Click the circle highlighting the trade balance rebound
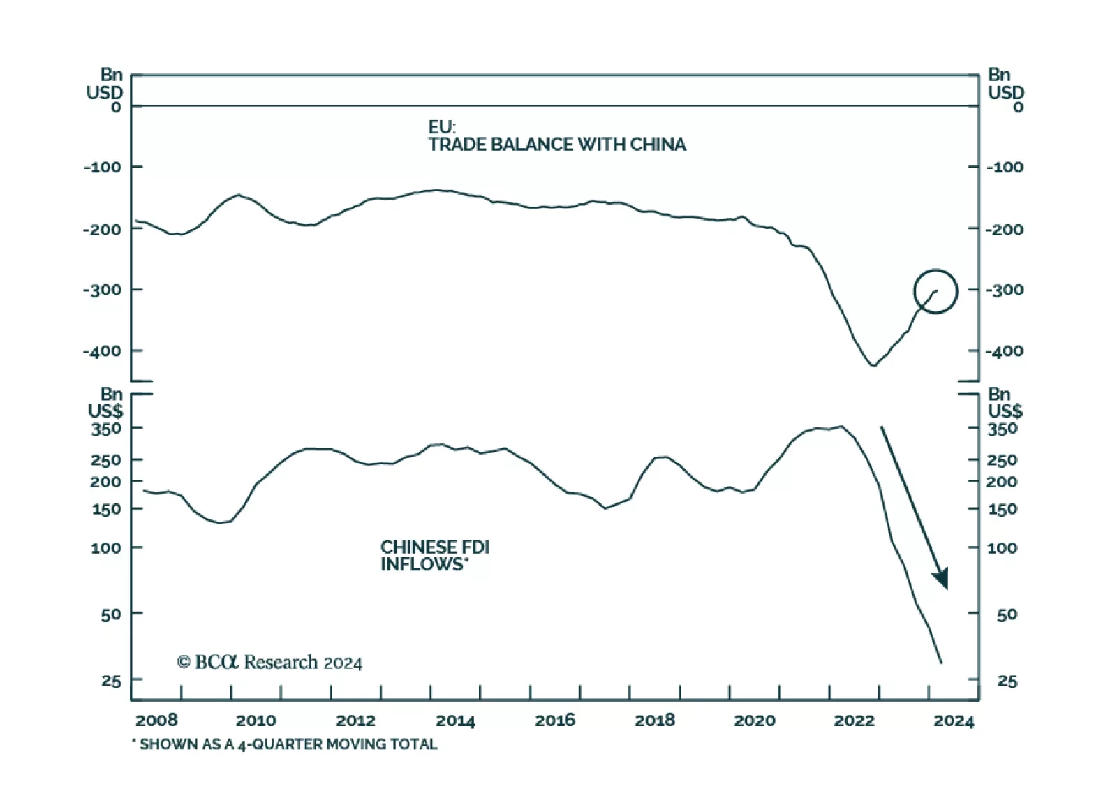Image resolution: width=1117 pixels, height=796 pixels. click(x=935, y=291)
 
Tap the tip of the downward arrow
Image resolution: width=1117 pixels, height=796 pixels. click(x=946, y=588)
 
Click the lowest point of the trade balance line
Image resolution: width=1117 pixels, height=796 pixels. click(x=873, y=365)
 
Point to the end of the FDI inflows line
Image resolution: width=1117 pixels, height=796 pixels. click(x=942, y=663)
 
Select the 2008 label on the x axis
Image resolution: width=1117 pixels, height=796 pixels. click(x=156, y=721)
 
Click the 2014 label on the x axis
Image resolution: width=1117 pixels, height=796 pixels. click(x=455, y=721)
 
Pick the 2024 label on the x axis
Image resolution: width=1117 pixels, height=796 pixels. click(x=954, y=721)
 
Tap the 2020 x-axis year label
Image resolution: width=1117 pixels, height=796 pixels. click(x=755, y=721)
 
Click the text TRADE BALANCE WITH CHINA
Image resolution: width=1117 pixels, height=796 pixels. click(x=556, y=145)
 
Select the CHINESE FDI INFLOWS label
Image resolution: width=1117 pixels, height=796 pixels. click(x=434, y=556)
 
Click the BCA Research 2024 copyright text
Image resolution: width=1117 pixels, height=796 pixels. click(x=269, y=662)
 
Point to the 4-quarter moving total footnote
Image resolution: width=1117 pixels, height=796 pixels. click(x=285, y=744)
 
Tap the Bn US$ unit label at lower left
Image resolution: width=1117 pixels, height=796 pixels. click(x=106, y=403)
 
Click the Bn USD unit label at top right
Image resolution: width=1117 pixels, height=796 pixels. click(x=1005, y=84)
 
